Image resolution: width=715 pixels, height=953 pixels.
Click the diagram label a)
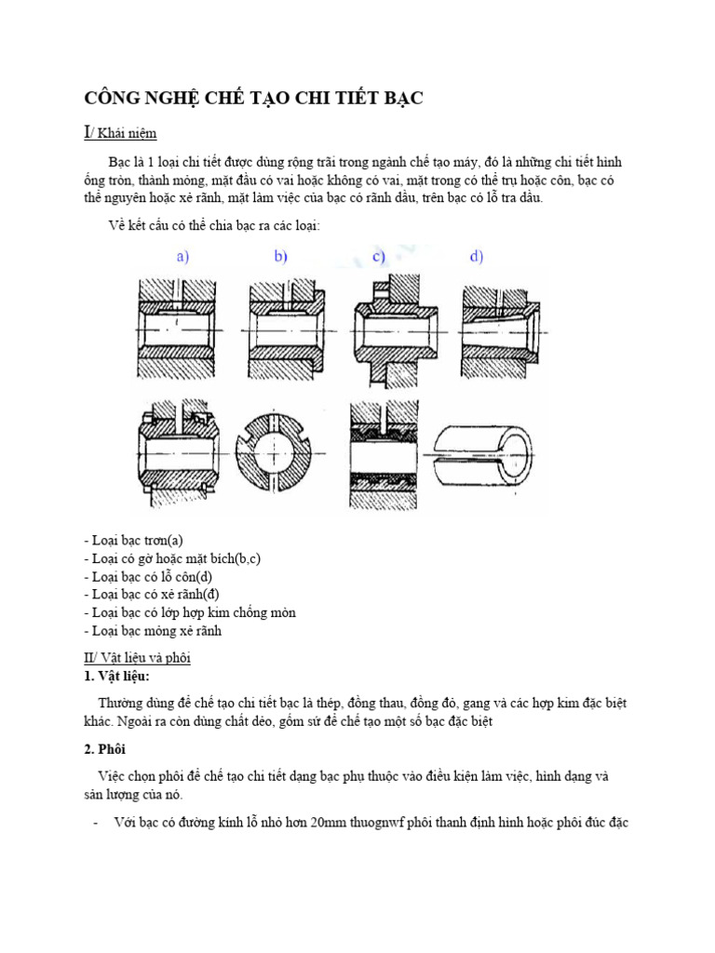[182, 258]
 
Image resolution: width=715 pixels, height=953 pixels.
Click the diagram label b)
[280, 258]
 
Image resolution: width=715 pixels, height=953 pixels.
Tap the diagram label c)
[379, 258]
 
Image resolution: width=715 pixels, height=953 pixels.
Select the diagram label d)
[476, 258]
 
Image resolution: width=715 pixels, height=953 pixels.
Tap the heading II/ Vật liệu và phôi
[137, 658]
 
